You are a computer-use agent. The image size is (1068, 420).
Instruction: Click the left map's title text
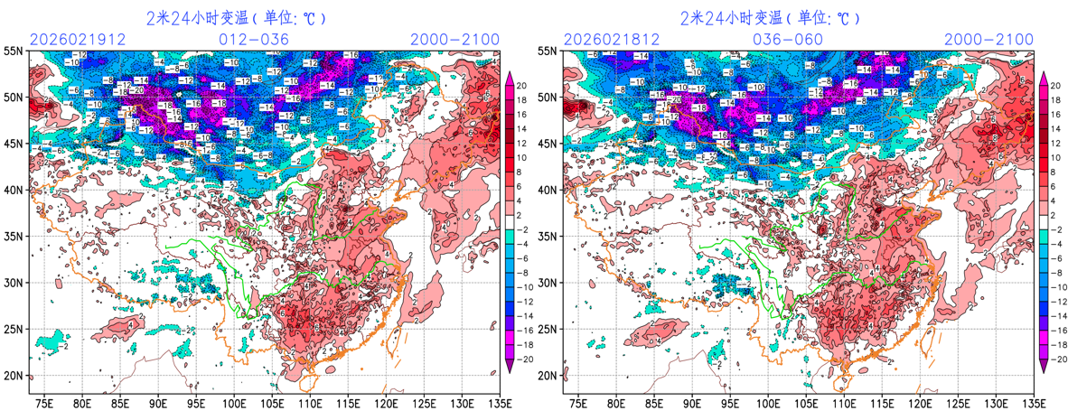(236, 17)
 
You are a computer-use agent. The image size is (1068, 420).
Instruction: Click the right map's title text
(770, 17)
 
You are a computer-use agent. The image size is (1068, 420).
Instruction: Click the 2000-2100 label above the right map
(988, 39)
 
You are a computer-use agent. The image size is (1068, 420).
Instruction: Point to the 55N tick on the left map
(14, 51)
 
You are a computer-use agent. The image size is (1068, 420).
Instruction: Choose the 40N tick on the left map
(14, 190)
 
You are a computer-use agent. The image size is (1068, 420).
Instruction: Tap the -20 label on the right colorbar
(1054, 359)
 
